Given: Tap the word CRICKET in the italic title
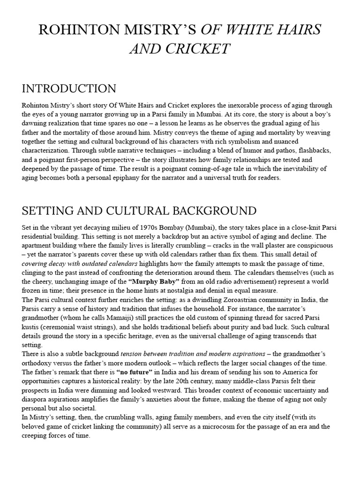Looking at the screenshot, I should tap(203, 48).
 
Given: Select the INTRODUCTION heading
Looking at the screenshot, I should tap(69, 89).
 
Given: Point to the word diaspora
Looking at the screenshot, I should tap(37, 399).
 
